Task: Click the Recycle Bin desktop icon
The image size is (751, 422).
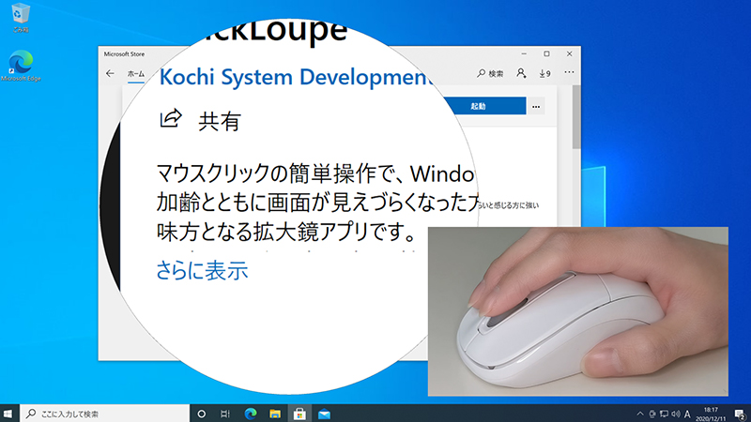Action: pos(19,16)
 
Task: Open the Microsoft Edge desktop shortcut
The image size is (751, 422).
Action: pos(21,64)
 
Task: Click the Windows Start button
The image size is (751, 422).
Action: pos(10,413)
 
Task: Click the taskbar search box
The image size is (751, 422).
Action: pos(103,413)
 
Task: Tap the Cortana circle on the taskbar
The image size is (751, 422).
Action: pos(201,413)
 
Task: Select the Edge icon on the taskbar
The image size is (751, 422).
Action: pos(251,413)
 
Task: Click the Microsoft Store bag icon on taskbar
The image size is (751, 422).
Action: pos(300,413)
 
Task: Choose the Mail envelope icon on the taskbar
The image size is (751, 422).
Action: pos(325,413)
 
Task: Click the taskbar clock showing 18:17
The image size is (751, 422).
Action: pos(711,413)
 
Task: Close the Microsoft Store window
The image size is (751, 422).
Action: pos(569,54)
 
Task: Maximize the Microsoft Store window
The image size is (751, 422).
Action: pos(546,54)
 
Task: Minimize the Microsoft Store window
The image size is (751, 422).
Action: pos(523,54)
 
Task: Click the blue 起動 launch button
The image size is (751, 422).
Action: pos(479,107)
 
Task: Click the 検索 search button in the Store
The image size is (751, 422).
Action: pos(490,73)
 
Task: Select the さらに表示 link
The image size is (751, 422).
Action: pos(201,271)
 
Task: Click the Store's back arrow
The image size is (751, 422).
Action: pos(110,73)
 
